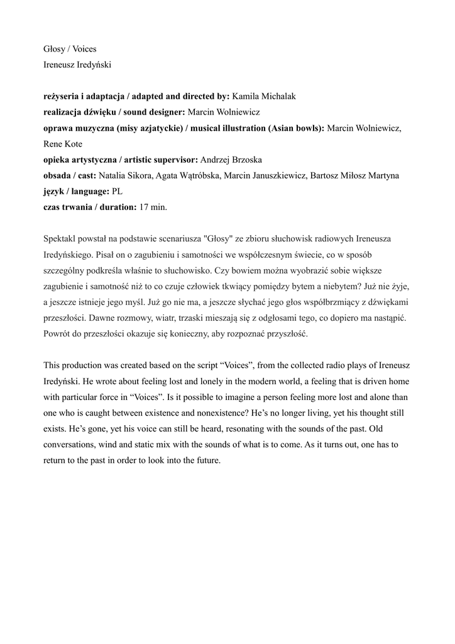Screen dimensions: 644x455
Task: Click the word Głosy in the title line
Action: (55, 48)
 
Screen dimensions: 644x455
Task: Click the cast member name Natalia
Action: (114, 175)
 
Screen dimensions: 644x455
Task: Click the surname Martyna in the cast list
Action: (383, 175)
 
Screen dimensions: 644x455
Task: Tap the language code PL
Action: (116, 191)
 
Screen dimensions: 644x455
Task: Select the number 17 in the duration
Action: (145, 206)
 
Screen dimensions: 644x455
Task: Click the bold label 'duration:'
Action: (115, 206)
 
